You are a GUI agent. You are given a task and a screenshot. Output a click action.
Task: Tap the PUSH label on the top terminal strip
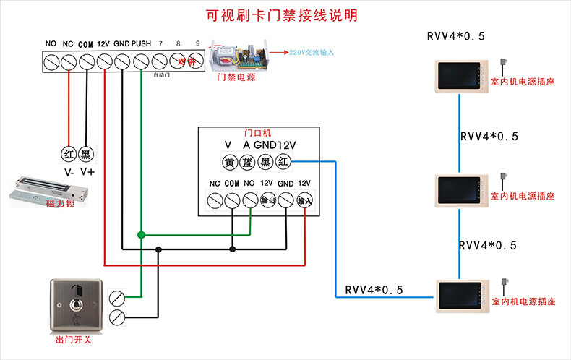(x=141, y=44)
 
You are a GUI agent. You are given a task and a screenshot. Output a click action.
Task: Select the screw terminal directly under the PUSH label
(x=141, y=62)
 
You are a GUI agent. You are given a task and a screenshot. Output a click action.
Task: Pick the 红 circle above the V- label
(x=68, y=153)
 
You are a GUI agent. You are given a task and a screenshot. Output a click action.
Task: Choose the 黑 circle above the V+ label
(x=86, y=153)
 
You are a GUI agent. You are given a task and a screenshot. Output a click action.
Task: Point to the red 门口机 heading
(x=257, y=133)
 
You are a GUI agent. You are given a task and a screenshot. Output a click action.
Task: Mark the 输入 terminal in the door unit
(x=304, y=200)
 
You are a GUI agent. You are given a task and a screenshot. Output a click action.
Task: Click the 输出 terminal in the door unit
(x=267, y=200)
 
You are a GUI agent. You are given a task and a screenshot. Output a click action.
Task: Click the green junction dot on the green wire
(x=142, y=234)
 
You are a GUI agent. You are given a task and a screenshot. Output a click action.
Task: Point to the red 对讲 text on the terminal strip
(x=187, y=61)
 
